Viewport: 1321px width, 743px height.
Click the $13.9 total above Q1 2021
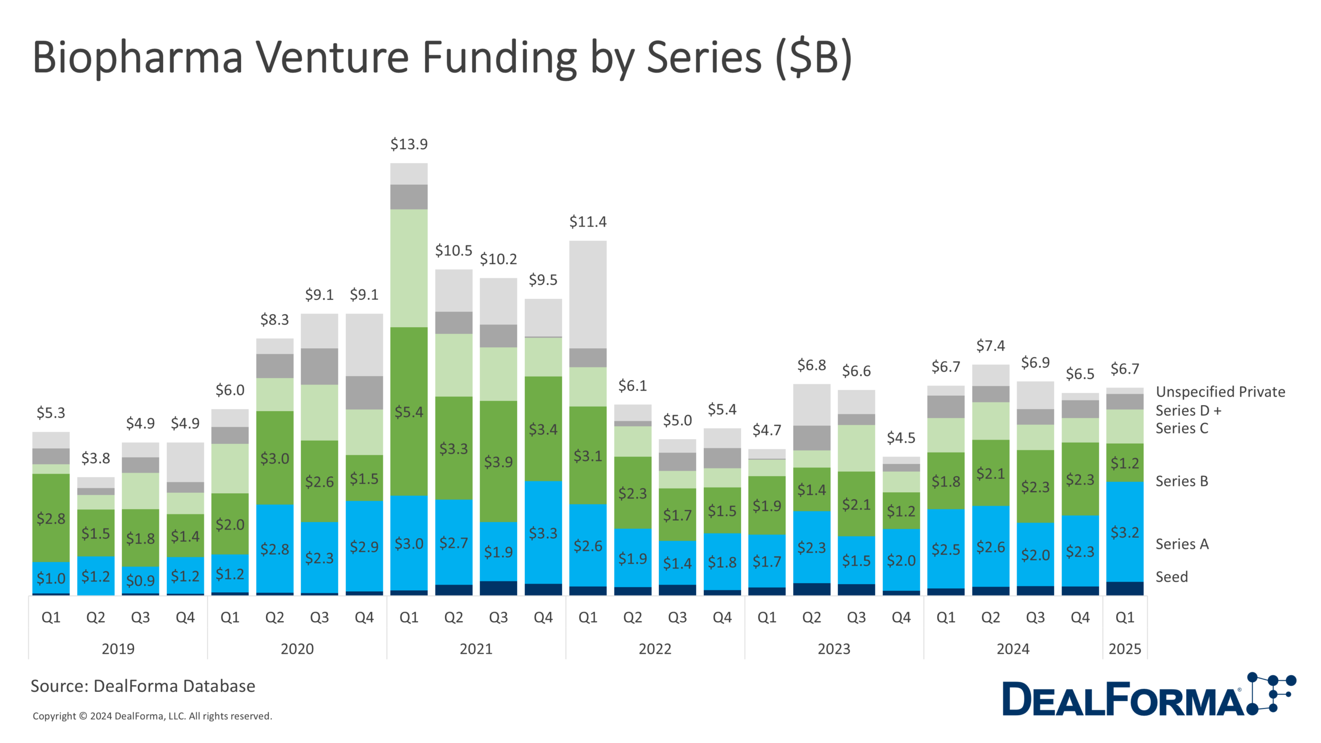(x=409, y=144)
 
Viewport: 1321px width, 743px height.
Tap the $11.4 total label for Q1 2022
(x=588, y=222)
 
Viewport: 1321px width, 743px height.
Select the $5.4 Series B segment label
(x=409, y=412)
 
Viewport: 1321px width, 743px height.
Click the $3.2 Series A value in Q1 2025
(x=1124, y=532)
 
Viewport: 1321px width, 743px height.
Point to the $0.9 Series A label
(x=140, y=580)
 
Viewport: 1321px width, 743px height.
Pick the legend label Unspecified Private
(x=1220, y=392)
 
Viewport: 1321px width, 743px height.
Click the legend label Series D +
(x=1188, y=410)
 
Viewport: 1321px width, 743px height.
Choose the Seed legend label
(x=1171, y=576)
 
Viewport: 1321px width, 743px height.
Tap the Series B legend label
(x=1182, y=481)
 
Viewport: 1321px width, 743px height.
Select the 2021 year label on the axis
(x=476, y=649)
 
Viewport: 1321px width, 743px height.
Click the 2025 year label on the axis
(x=1124, y=649)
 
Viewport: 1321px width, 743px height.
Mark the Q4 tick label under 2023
(x=901, y=617)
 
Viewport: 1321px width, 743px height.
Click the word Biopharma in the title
(x=137, y=57)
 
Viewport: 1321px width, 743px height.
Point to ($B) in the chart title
(x=814, y=58)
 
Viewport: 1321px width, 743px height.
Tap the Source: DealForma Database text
(x=143, y=686)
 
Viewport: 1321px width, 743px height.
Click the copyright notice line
(x=152, y=716)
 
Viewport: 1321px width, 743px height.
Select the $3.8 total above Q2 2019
(x=95, y=458)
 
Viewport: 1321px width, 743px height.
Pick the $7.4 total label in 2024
(x=990, y=346)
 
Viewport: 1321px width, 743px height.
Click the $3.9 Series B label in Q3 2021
(x=498, y=462)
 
